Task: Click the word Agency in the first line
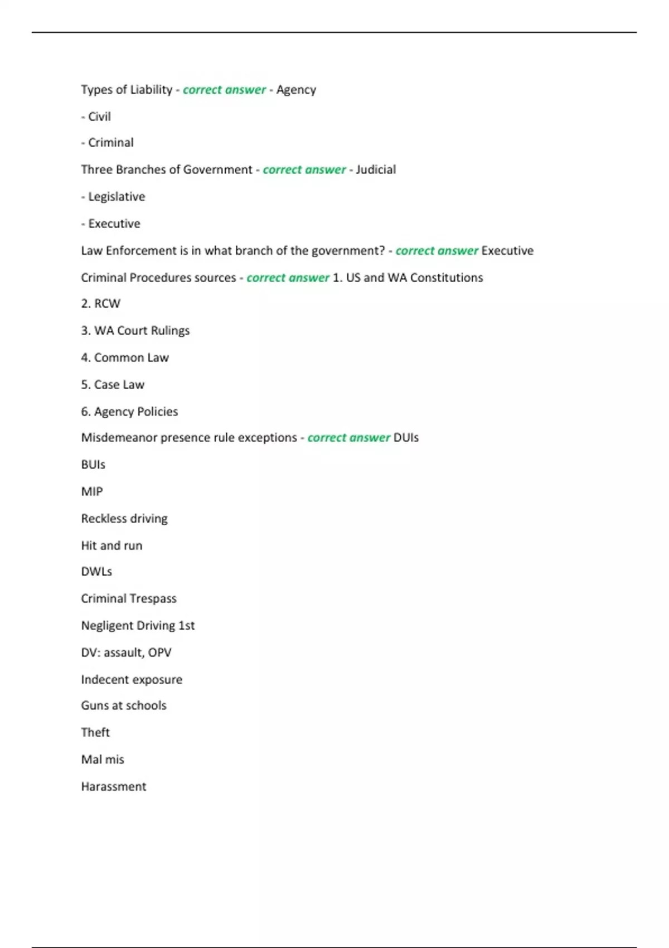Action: (x=296, y=90)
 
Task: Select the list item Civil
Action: (x=99, y=117)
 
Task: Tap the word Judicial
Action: (x=376, y=170)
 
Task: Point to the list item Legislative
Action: (x=116, y=196)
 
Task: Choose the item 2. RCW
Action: (x=101, y=303)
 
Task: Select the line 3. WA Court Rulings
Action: (x=135, y=331)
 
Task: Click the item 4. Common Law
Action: (x=125, y=357)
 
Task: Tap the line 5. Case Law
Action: (x=113, y=384)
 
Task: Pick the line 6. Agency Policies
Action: (x=129, y=412)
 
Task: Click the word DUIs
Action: (x=406, y=438)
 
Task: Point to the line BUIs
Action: (x=93, y=465)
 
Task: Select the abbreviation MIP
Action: (x=92, y=491)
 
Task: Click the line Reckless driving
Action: (x=124, y=519)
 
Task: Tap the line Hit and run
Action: (x=111, y=545)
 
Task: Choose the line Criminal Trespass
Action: (x=129, y=598)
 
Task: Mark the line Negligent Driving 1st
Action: (x=138, y=626)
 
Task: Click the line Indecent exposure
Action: (x=132, y=679)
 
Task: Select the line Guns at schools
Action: (x=124, y=705)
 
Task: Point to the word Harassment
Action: (x=114, y=786)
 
